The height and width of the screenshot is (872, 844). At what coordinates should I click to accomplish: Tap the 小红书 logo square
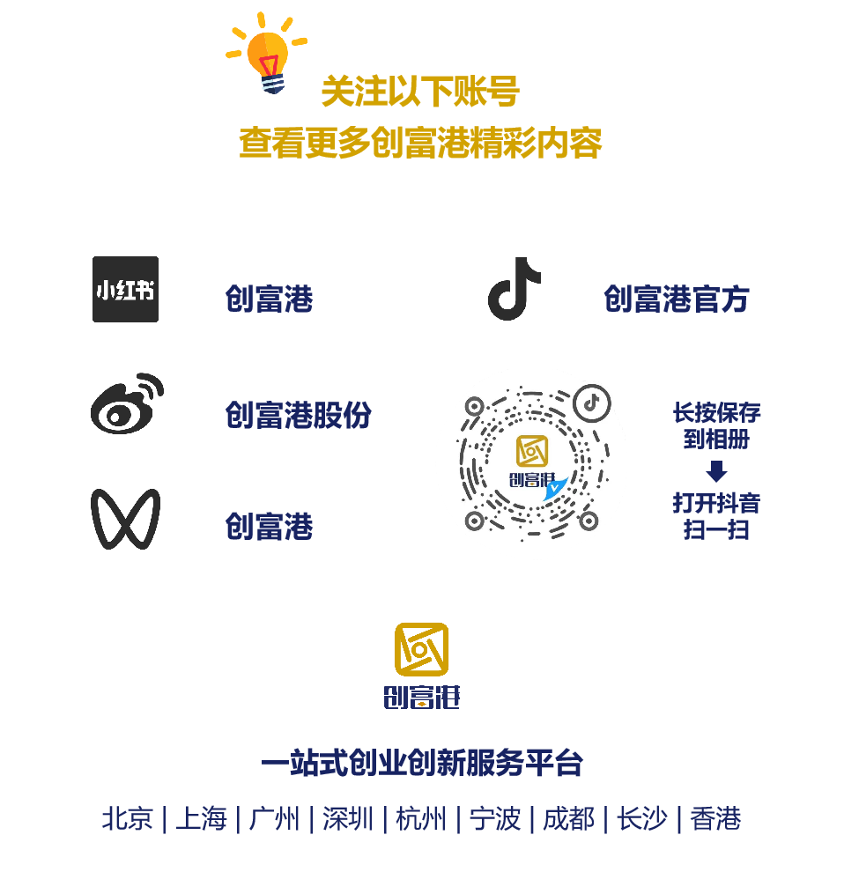click(125, 289)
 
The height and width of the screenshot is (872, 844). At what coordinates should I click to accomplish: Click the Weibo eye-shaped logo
click(127, 406)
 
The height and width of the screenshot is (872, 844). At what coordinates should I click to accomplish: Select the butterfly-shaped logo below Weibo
click(125, 519)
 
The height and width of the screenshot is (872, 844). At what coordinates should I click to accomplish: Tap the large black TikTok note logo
click(515, 289)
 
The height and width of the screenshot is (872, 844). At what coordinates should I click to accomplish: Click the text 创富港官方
click(676, 299)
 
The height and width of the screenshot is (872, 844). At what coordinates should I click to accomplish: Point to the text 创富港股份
click(298, 415)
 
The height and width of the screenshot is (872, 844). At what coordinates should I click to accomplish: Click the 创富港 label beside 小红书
click(269, 299)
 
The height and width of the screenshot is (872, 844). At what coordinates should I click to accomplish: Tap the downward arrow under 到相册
click(716, 471)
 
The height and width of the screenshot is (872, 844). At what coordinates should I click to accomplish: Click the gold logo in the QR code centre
click(532, 450)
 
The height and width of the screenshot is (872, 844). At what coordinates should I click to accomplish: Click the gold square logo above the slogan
click(421, 649)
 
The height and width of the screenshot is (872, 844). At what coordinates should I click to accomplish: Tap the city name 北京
click(128, 819)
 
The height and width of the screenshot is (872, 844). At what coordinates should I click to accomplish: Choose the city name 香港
click(715, 819)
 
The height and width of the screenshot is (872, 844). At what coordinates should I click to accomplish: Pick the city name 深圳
click(347, 819)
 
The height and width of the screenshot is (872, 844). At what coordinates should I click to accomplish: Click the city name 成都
click(568, 819)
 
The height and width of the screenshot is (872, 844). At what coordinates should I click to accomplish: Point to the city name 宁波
click(494, 819)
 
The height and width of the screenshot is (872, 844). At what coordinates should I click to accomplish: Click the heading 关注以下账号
click(419, 92)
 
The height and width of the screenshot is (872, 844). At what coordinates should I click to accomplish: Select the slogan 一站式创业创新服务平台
click(422, 763)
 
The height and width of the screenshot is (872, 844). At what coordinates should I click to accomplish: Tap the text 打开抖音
click(716, 503)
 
